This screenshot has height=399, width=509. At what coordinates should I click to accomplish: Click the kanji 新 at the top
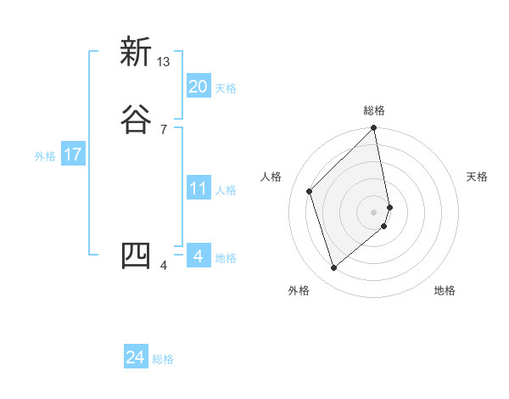136,53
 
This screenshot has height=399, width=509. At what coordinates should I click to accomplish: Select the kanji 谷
136,120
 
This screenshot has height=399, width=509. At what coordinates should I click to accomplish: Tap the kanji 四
136,256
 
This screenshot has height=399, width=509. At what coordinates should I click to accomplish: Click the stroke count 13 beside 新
164,62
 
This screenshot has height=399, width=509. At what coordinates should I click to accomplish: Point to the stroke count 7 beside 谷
164,129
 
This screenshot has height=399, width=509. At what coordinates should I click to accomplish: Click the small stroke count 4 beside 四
164,266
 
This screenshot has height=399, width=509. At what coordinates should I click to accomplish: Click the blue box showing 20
198,87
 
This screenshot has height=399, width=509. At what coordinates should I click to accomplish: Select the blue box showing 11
198,188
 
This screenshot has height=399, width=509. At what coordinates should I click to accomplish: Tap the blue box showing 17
72,155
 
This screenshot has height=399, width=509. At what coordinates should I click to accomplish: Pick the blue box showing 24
135,357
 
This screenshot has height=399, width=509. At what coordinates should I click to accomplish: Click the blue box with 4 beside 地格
198,256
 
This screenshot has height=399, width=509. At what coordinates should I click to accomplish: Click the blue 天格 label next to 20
226,88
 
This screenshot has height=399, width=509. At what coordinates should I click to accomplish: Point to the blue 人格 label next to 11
226,190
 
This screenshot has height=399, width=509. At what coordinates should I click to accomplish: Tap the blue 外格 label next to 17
45,156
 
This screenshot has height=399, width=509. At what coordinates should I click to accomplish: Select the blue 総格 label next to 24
163,359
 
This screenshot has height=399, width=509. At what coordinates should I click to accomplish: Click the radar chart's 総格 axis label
374,110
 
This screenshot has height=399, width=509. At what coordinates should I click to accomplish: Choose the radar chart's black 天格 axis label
477,177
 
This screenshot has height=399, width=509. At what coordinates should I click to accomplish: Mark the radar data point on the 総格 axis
374,129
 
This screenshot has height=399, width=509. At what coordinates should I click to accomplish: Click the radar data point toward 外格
333,268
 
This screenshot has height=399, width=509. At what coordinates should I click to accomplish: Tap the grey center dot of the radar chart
374,211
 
